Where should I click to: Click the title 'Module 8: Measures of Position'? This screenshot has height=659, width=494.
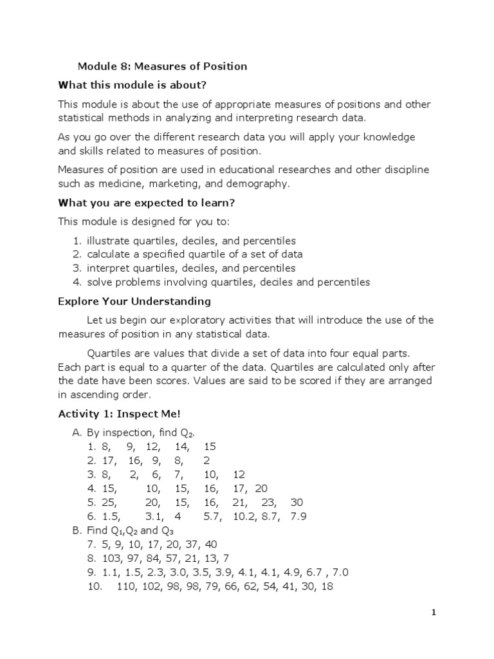[162, 66]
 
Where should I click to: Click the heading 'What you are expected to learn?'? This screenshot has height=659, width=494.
[147, 202]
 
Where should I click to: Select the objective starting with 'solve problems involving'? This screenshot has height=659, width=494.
[222, 282]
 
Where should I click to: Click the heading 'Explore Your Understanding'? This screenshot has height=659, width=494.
[134, 301]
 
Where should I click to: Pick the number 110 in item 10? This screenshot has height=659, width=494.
[127, 587]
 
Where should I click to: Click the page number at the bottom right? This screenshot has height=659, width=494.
[434, 613]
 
